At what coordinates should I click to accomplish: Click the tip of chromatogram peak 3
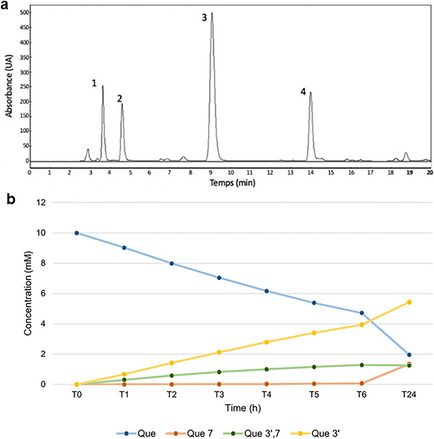[212, 14]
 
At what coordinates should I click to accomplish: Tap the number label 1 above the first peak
[94, 83]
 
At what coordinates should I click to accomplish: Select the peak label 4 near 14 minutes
[304, 92]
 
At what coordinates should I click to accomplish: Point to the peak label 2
[119, 98]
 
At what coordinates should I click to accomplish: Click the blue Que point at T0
[77, 233]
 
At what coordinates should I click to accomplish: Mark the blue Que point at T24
[409, 354]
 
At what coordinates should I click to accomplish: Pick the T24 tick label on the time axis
[409, 396]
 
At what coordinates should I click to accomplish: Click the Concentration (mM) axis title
[37, 294]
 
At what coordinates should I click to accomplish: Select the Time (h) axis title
[243, 409]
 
